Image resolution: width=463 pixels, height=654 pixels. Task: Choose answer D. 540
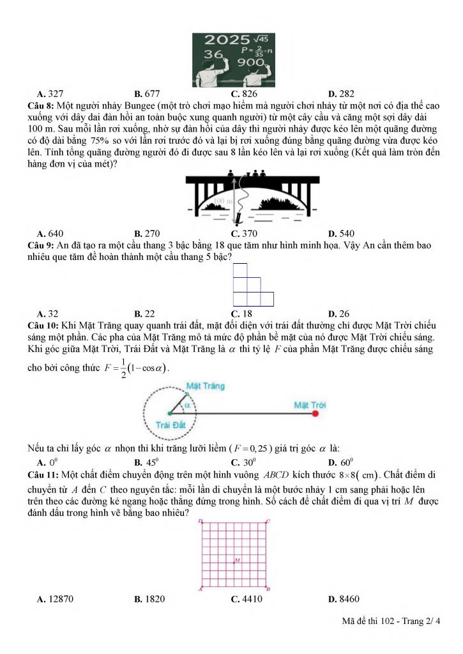(341, 233)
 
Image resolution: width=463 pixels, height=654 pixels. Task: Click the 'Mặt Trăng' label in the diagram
(205, 386)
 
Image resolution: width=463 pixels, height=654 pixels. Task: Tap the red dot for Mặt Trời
(315, 414)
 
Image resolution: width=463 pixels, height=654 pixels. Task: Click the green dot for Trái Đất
(169, 414)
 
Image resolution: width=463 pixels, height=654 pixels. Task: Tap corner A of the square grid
(201, 589)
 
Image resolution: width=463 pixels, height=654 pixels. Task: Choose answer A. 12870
(53, 599)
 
